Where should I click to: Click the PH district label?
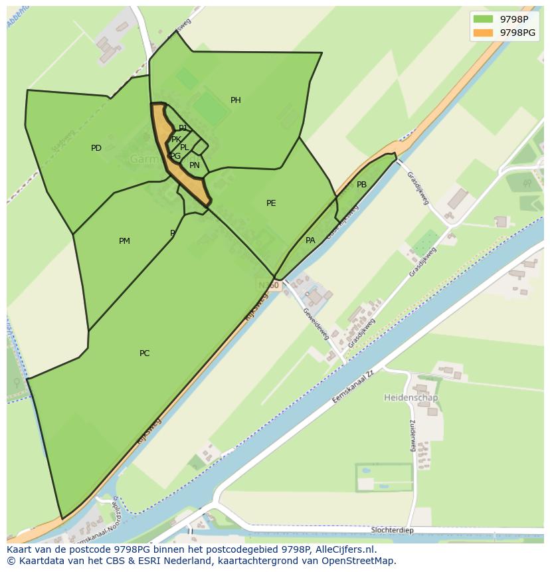point(235,100)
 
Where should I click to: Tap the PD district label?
point(96,148)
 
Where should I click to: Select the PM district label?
point(124,241)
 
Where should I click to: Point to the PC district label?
point(144,353)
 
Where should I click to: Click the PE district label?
point(271,203)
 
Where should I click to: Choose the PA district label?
point(310,240)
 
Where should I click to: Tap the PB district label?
point(361,185)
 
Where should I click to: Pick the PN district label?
point(195,165)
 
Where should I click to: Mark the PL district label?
point(185,147)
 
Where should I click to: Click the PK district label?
point(176,140)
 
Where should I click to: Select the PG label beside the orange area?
point(175,156)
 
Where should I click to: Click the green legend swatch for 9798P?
point(483,19)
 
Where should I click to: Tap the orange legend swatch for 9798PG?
point(483,33)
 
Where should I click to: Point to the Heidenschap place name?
point(411,397)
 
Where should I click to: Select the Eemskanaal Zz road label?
point(355,389)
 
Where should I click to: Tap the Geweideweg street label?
point(316,324)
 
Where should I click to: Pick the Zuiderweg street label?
point(412,435)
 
